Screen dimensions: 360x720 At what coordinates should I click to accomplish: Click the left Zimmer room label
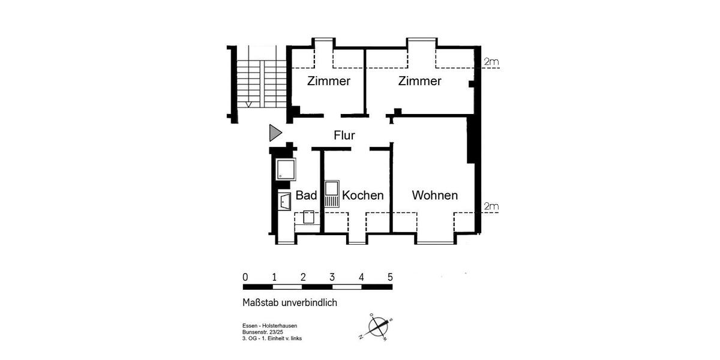click(328, 81)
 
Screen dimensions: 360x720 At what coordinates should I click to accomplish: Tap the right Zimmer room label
click(420, 81)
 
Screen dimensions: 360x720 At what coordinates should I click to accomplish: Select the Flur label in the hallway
click(344, 136)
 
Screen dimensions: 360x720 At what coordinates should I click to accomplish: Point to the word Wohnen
click(434, 196)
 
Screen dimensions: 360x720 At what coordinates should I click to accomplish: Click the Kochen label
click(362, 196)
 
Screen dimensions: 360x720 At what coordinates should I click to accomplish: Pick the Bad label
click(306, 196)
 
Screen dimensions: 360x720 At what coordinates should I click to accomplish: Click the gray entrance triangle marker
click(275, 133)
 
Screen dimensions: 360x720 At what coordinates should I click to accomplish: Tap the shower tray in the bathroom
click(286, 169)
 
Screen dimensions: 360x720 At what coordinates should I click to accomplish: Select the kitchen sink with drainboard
click(332, 194)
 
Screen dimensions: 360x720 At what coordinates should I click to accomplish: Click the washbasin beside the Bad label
click(284, 202)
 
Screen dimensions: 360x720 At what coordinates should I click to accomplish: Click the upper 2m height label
click(492, 62)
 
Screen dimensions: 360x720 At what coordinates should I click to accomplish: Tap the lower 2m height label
click(492, 207)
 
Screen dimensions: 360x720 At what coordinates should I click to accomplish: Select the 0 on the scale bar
click(245, 277)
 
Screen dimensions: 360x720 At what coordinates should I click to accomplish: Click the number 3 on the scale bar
click(332, 277)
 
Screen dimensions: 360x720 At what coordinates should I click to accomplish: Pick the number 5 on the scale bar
click(390, 277)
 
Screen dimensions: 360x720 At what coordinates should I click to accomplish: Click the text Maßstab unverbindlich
click(289, 303)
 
